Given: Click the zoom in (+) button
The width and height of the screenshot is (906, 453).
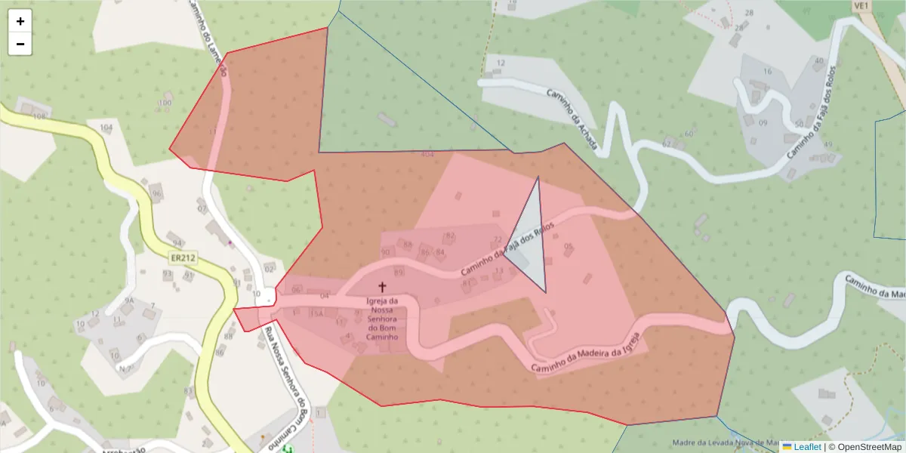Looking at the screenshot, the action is click(x=20, y=21).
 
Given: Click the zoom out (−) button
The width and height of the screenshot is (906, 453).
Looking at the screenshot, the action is click(x=20, y=44).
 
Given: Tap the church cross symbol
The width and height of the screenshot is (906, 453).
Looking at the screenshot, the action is click(x=382, y=287).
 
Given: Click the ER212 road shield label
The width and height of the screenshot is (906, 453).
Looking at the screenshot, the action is click(x=183, y=258).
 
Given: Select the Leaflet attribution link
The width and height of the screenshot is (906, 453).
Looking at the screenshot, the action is click(x=807, y=447).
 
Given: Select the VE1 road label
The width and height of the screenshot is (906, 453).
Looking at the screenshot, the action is click(x=861, y=5).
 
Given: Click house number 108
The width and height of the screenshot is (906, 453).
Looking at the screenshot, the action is click(x=39, y=117).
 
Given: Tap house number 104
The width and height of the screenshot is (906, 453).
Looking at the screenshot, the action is click(x=106, y=128).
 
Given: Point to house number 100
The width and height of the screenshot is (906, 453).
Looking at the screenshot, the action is click(x=165, y=103).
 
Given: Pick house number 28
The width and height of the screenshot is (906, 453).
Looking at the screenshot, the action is click(x=749, y=13).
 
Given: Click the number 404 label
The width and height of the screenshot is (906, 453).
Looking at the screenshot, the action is click(x=427, y=155).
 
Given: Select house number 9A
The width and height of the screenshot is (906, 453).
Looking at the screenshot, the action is click(x=129, y=300).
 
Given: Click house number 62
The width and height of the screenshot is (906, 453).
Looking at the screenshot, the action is click(x=667, y=143).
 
